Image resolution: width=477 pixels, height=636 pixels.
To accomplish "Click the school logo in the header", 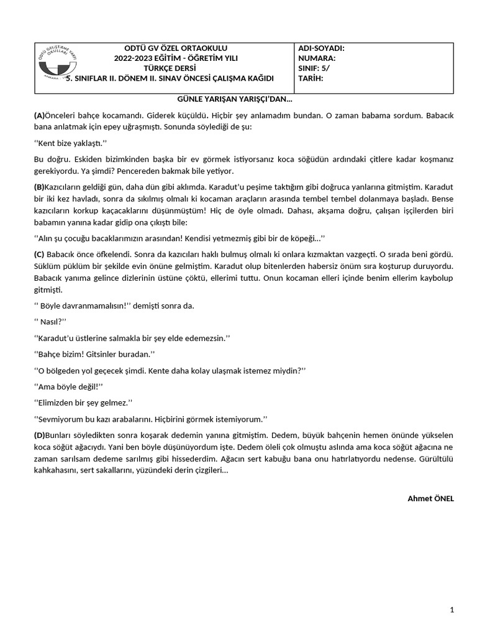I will tap(56, 65).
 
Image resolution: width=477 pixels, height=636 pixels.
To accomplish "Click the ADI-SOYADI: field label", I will tap(321, 48).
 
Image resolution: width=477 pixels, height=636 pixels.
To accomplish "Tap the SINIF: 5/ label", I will tap(314, 68).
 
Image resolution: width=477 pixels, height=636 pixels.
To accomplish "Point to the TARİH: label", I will tap(311, 78).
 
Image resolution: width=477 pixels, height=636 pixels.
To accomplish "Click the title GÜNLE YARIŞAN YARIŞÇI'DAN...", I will tap(235, 99).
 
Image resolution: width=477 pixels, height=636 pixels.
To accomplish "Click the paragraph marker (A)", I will tap(39, 116).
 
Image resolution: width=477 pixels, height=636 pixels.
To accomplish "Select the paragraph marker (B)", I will tap(39, 186).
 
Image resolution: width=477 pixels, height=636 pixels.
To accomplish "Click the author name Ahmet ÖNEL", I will tap(430, 498).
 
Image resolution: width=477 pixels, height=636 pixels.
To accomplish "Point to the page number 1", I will tap(452, 611).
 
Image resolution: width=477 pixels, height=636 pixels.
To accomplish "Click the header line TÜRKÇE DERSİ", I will tap(168, 68).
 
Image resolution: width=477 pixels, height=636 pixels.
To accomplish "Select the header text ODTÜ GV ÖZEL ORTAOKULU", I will tap(168, 48).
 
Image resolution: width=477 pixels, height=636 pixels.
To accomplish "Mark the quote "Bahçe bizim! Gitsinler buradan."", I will tap(94, 353).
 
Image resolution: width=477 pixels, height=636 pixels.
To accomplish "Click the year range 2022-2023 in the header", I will tap(134, 58).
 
